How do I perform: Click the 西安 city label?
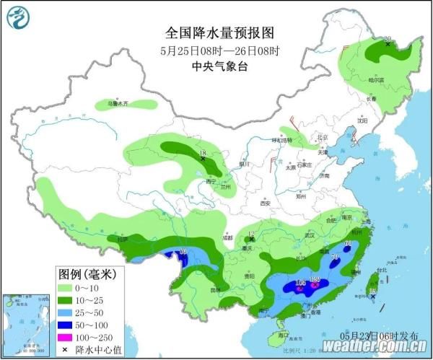click(x=265, y=203)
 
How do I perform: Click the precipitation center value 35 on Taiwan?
click(x=372, y=291)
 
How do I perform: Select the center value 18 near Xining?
click(x=203, y=154)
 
